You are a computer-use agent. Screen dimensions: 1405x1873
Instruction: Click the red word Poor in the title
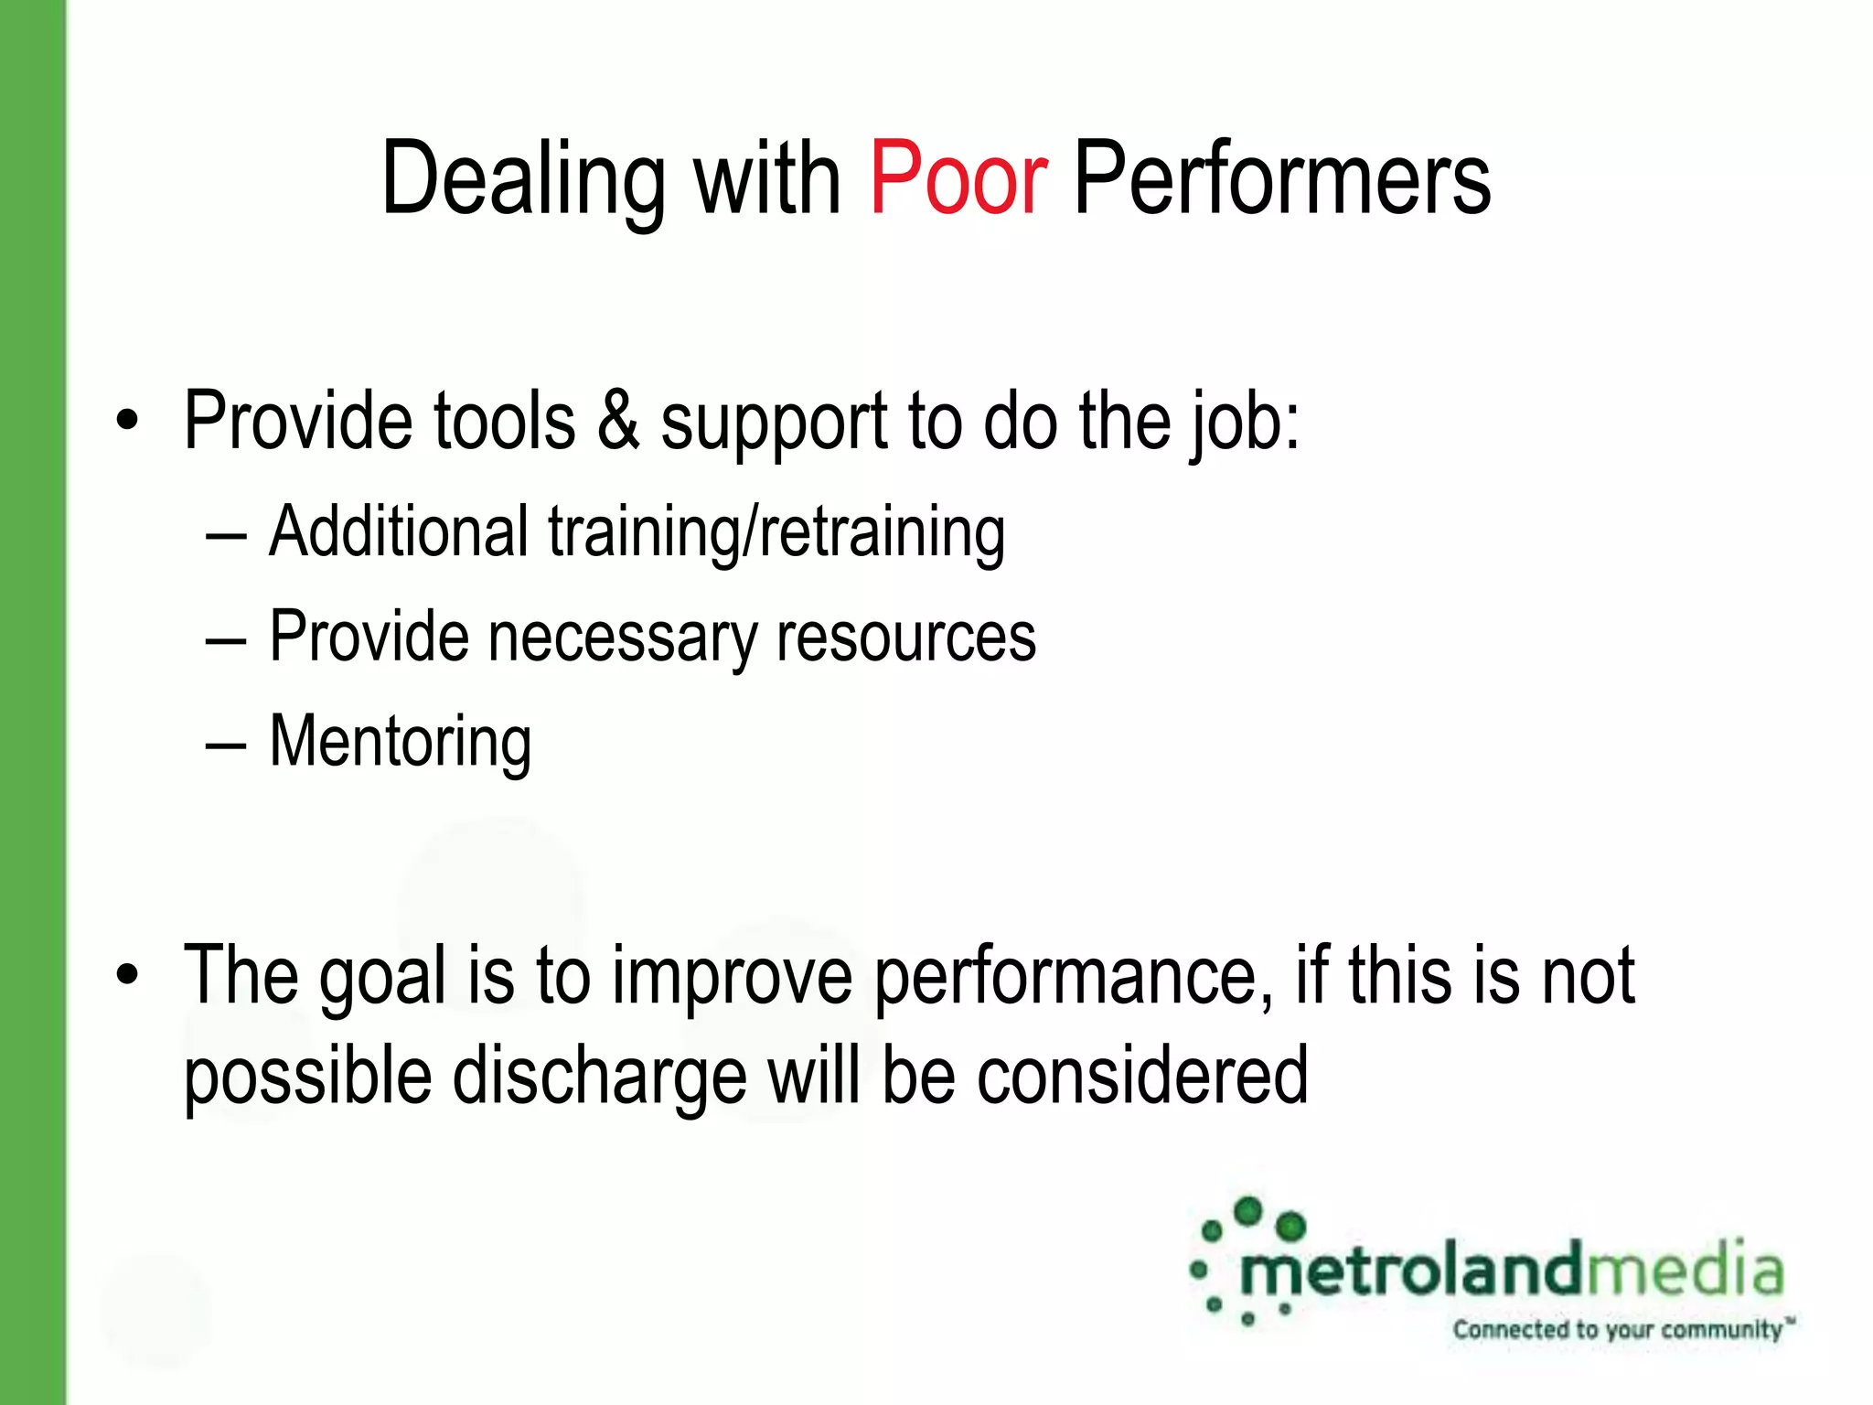click(958, 178)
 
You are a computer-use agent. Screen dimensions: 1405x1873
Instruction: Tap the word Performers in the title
click(1281, 178)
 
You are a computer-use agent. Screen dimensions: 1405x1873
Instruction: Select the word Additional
click(399, 531)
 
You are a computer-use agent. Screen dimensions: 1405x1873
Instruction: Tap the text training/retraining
click(776, 533)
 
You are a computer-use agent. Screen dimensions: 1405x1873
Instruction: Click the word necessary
click(623, 638)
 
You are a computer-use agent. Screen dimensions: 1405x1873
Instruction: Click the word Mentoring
click(400, 742)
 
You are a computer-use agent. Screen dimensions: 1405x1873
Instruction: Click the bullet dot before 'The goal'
click(128, 976)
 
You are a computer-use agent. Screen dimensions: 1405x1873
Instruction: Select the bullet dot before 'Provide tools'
click(128, 422)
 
